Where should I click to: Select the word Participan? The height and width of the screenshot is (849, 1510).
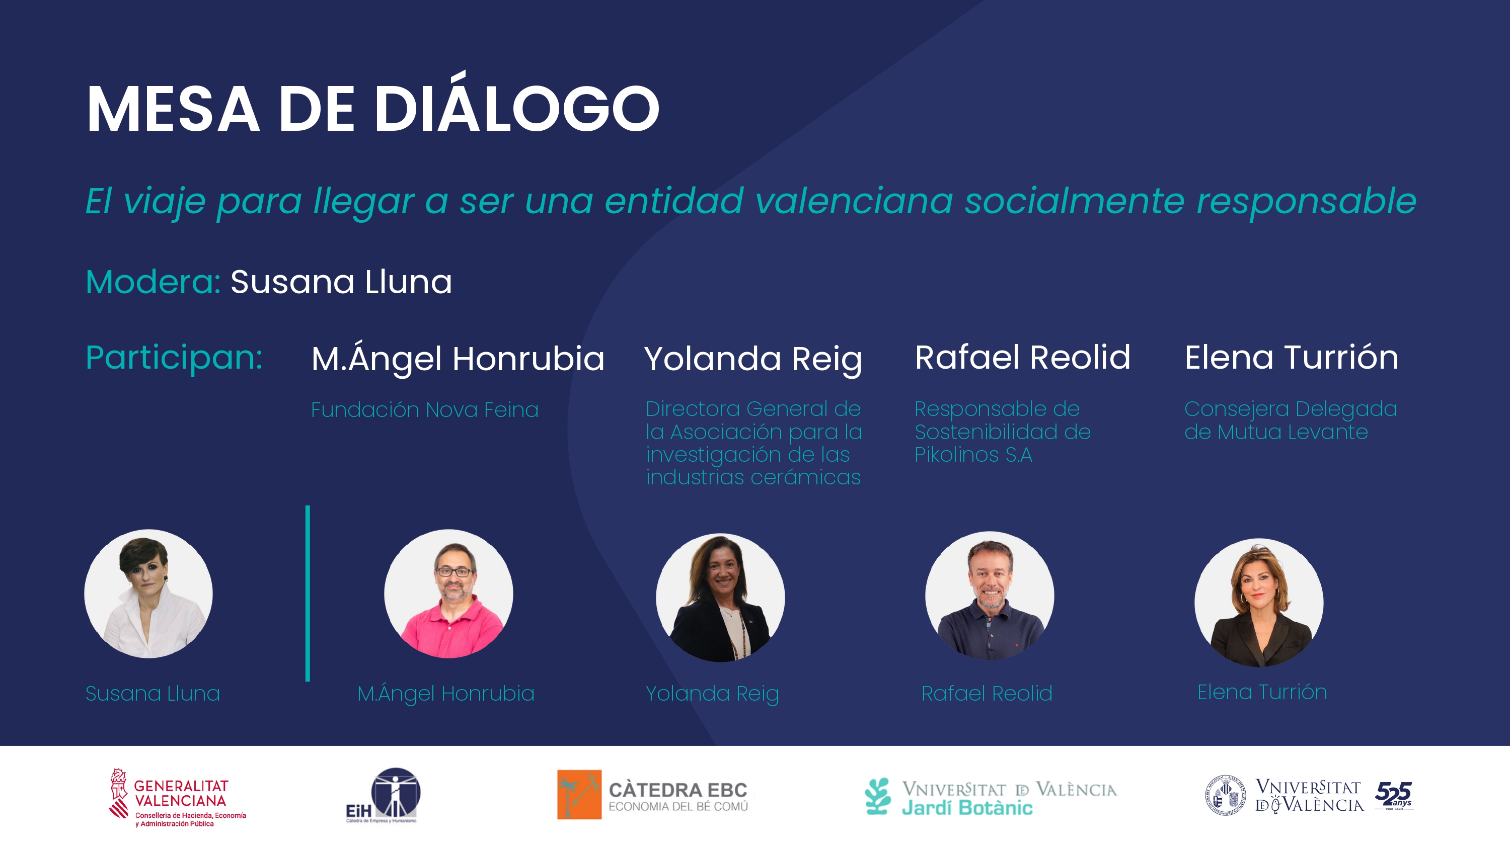(x=174, y=358)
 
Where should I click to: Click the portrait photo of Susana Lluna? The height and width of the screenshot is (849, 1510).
(x=148, y=593)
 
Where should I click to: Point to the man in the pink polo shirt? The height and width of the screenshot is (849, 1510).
(x=448, y=593)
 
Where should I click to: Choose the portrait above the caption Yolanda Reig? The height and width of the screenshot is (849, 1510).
(x=720, y=598)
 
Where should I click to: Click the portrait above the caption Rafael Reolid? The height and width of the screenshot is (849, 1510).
(x=990, y=596)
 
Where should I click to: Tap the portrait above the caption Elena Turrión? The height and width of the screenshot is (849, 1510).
(x=1259, y=603)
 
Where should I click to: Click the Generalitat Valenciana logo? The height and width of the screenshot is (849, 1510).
(x=178, y=797)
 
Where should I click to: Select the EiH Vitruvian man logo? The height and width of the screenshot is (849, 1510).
(x=383, y=795)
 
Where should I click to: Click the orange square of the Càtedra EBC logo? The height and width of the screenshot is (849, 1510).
(x=579, y=795)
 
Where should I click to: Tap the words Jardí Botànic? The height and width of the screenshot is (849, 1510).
(x=967, y=808)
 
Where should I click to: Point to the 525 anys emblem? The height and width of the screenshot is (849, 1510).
(x=1394, y=796)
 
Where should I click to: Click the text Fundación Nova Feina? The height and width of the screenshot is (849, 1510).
(x=424, y=409)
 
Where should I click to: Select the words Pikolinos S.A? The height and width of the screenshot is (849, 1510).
(x=973, y=455)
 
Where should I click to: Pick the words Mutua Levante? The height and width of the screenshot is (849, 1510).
(x=1293, y=433)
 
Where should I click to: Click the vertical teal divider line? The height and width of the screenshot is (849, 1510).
(x=308, y=593)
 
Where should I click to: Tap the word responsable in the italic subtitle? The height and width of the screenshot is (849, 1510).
(x=1307, y=200)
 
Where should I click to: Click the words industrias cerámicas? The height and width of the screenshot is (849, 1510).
(x=753, y=477)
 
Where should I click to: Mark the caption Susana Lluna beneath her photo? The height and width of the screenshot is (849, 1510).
(x=153, y=693)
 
